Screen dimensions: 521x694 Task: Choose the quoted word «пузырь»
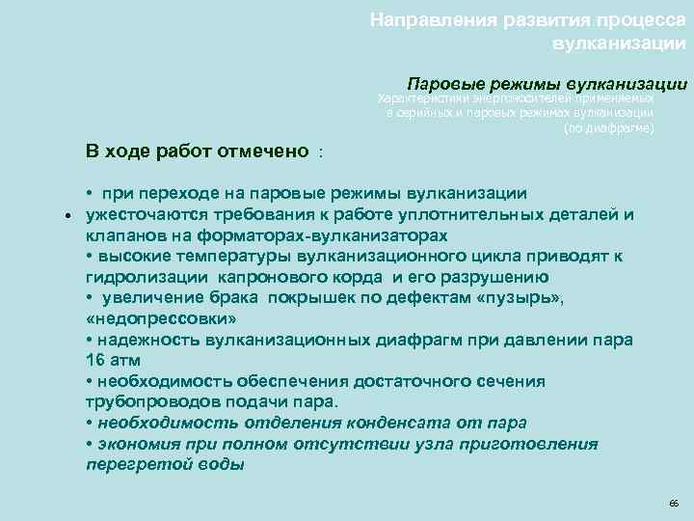512,298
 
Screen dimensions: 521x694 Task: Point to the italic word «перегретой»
131,464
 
